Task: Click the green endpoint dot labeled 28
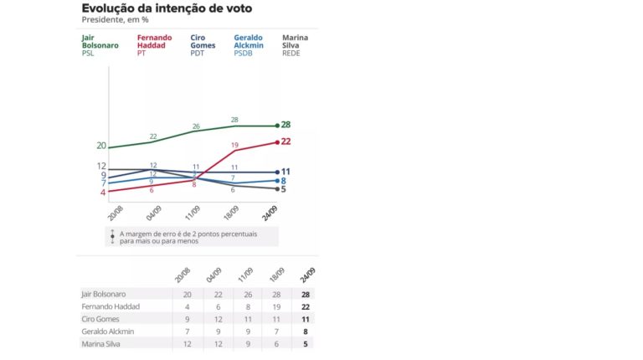(x=276, y=126)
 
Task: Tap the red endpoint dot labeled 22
(x=276, y=142)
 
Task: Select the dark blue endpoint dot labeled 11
(x=276, y=172)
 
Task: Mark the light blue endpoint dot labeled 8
(x=276, y=180)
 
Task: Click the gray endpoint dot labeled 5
(x=276, y=188)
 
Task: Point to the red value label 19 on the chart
(x=234, y=145)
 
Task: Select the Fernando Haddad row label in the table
(x=110, y=306)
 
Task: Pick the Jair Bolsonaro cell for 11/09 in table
(x=244, y=294)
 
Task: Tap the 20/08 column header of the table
(x=187, y=276)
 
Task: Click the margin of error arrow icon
(x=112, y=237)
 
